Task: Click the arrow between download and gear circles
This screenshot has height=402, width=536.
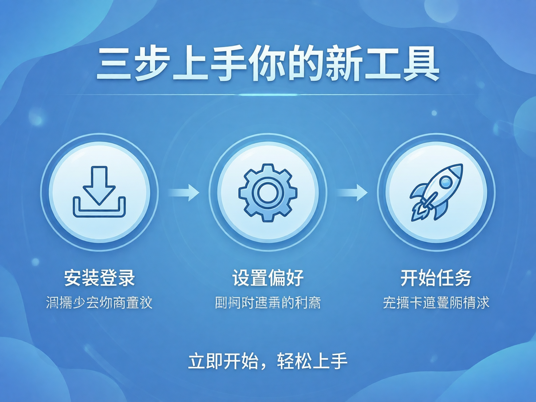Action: click(185, 192)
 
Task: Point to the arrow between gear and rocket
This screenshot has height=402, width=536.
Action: click(352, 192)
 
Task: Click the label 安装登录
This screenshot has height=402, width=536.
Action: click(99, 278)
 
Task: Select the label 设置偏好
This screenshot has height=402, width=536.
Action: click(268, 278)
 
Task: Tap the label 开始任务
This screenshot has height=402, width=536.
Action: click(436, 278)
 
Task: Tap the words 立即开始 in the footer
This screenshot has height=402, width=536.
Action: click(223, 361)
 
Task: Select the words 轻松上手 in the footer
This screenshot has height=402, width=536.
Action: click(312, 361)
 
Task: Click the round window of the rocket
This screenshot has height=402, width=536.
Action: click(445, 182)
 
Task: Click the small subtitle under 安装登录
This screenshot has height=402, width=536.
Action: click(99, 303)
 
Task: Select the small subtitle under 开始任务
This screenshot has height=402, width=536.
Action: click(436, 303)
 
